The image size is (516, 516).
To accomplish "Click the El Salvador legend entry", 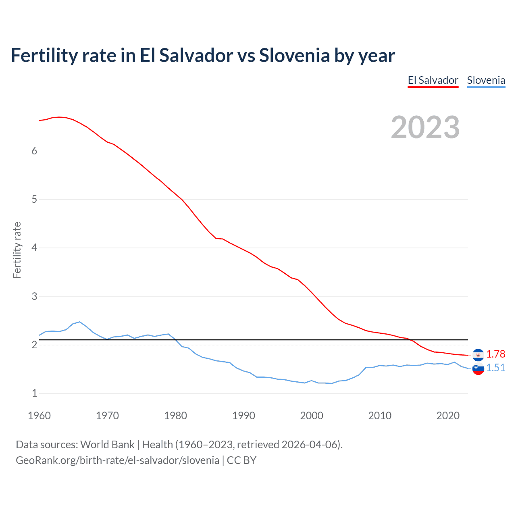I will pyautogui.click(x=433, y=80).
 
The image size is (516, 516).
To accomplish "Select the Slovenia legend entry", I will pyautogui.click(x=486, y=80).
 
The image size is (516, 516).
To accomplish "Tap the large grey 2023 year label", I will pyautogui.click(x=425, y=127).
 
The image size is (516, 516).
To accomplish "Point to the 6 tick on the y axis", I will pyautogui.click(x=34, y=151).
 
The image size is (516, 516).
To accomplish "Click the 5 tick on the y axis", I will pyautogui.click(x=34, y=199).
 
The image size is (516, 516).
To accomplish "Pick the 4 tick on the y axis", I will pyautogui.click(x=34, y=248).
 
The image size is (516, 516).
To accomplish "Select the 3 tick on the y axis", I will pyautogui.click(x=34, y=296).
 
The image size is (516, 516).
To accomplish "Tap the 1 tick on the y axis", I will pyautogui.click(x=34, y=393).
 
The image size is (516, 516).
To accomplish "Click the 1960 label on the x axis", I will pyautogui.click(x=39, y=416).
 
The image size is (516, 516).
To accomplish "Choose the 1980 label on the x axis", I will pyautogui.click(x=175, y=416).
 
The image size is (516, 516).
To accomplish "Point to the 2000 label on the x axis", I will pyautogui.click(x=312, y=416).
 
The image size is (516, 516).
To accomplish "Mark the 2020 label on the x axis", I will pyautogui.click(x=448, y=416).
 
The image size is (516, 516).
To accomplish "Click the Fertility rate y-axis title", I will pyautogui.click(x=17, y=250).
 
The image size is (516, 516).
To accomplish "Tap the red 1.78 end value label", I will pyautogui.click(x=495, y=354).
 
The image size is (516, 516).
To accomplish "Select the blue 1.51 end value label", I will pyautogui.click(x=495, y=368).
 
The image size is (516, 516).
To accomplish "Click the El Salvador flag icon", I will pyautogui.click(x=478, y=355).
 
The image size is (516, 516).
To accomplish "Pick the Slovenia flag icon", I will pyautogui.click(x=478, y=368).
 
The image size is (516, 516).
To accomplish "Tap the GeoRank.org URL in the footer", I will pyautogui.click(x=117, y=460).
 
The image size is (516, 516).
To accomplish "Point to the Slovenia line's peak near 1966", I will pyautogui.click(x=79, y=322).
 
